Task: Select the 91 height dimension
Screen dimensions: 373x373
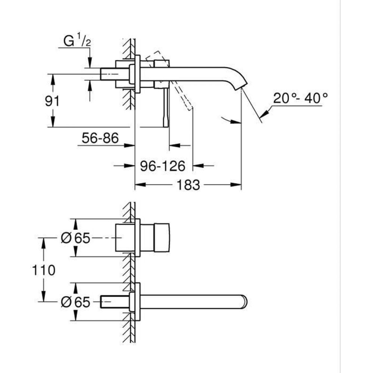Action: [53, 101]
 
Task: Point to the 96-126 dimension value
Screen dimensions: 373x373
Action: [163, 166]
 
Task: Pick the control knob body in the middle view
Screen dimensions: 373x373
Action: [154, 238]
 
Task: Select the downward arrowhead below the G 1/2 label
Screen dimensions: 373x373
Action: [90, 63]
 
